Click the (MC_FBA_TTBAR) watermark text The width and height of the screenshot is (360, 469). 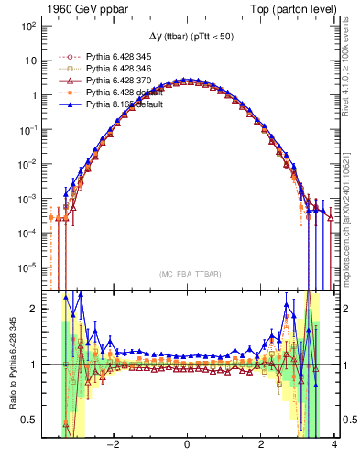point(187,273)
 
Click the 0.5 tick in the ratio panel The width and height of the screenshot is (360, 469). point(29,420)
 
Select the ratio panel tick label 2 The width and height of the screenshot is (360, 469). point(33,309)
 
